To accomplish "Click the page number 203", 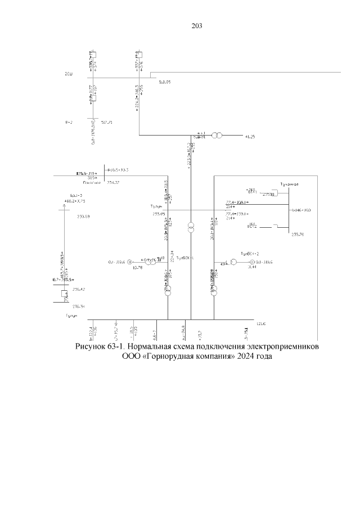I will (x=196, y=26).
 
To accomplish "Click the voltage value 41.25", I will (x=250, y=137).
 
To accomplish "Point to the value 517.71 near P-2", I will (x=107, y=121).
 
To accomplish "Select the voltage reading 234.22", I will (x=113, y=182).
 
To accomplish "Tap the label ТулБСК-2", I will (x=249, y=254).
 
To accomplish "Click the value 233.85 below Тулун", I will (x=159, y=214).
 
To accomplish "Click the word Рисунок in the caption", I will (x=93, y=346).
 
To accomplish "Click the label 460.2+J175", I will (x=74, y=201).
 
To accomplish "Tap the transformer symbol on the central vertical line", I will (x=191, y=227).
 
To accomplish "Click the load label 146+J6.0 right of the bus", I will (x=303, y=210).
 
